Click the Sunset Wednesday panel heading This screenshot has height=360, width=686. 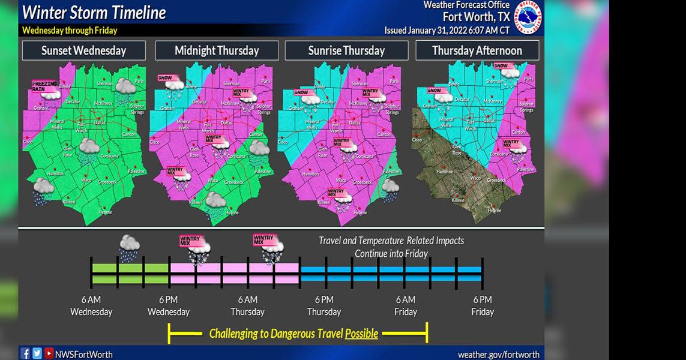pyautogui.click(x=83, y=50)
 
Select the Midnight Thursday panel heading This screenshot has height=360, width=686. pyautogui.click(x=217, y=50)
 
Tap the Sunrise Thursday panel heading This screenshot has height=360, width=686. pyautogui.click(x=346, y=50)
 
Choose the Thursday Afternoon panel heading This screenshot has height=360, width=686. pyautogui.click(x=477, y=50)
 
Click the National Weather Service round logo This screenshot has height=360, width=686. pyautogui.click(x=528, y=17)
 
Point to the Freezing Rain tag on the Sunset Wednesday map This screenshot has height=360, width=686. pyautogui.click(x=44, y=85)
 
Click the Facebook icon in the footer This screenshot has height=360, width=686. pyautogui.click(x=25, y=353)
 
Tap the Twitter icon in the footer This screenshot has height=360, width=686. pyautogui.click(x=37, y=353)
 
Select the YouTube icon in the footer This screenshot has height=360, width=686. pyautogui.click(x=49, y=353)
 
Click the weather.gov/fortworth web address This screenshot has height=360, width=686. pyautogui.click(x=498, y=355)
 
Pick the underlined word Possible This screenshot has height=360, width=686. pyautogui.click(x=361, y=334)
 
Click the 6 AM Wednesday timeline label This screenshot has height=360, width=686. pyautogui.click(x=91, y=305)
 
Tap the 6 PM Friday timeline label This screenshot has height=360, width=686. pyautogui.click(x=483, y=305)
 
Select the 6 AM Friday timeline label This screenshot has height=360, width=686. pyautogui.click(x=406, y=305)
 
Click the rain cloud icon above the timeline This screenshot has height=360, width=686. pyautogui.click(x=129, y=248)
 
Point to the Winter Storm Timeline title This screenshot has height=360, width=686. pyautogui.click(x=94, y=12)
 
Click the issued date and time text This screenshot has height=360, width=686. pyautogui.click(x=447, y=30)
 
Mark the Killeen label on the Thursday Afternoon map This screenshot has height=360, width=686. pyautogui.click(x=457, y=200)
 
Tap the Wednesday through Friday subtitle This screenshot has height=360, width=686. pyautogui.click(x=70, y=31)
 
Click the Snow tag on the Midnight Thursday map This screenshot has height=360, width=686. pyautogui.click(x=165, y=78)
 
